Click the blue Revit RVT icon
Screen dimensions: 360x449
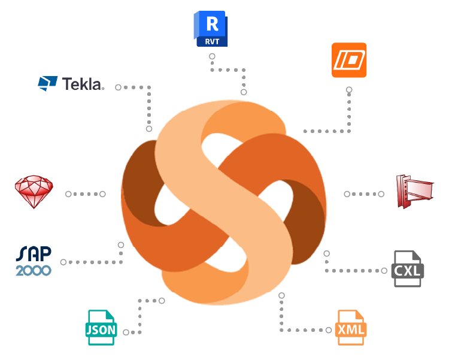coord(211,29)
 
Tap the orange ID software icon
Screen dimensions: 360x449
coord(348,60)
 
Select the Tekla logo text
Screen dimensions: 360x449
coord(83,84)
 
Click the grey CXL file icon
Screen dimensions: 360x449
coord(408,269)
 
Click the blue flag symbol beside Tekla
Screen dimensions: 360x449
coord(47,83)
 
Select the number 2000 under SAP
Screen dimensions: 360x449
coord(34,270)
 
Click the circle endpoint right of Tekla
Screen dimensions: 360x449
coord(119,87)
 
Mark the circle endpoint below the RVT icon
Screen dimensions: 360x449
coord(212,56)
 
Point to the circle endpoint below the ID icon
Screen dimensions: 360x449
coord(349,90)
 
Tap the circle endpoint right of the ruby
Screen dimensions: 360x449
coord(68,194)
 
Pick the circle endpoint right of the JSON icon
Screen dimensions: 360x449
coord(126,332)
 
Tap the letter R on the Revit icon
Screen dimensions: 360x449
coord(212,24)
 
